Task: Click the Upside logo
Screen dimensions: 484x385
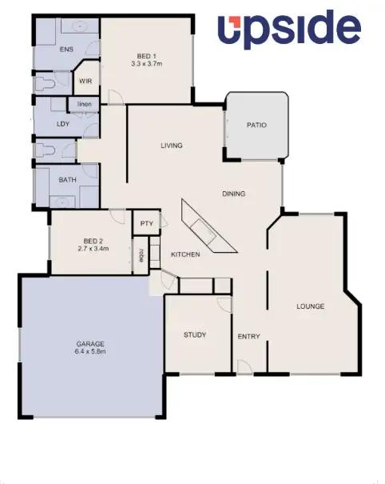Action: pyautogui.click(x=289, y=30)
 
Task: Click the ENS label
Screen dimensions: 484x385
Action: pyautogui.click(x=66, y=50)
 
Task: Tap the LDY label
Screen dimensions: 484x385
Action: pyautogui.click(x=63, y=124)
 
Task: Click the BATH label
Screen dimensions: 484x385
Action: pyautogui.click(x=67, y=180)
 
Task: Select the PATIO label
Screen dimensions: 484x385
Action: pyautogui.click(x=256, y=126)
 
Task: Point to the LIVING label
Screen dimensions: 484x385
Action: pyautogui.click(x=172, y=146)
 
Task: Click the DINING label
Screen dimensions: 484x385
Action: pyautogui.click(x=233, y=194)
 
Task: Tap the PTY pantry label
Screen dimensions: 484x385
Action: pyautogui.click(x=146, y=224)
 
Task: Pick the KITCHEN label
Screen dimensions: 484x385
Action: pyautogui.click(x=185, y=254)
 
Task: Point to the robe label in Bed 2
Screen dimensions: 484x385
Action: pyautogui.click(x=141, y=255)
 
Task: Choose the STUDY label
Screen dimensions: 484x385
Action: pyautogui.click(x=195, y=334)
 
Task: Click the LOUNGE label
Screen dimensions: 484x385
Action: pyautogui.click(x=310, y=306)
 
